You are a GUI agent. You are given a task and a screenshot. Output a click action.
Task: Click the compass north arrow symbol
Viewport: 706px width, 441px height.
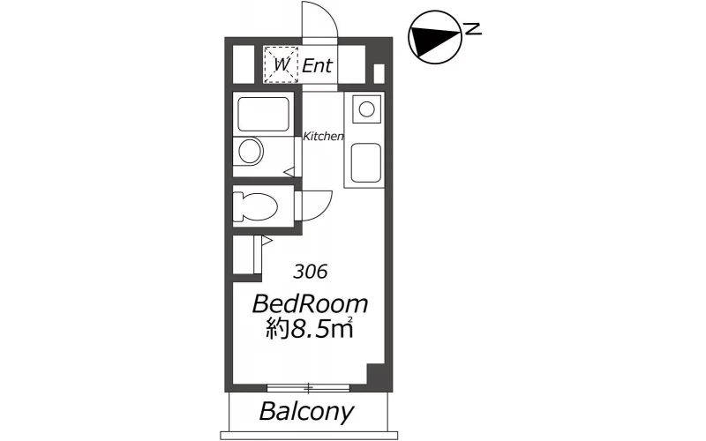[x=435, y=37]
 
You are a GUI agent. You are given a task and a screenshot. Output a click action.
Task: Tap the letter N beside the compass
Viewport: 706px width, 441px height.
[x=473, y=29]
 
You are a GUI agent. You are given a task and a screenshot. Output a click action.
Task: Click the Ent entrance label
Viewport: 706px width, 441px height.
[x=317, y=65]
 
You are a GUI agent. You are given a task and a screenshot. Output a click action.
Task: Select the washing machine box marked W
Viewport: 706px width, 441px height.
[x=281, y=64]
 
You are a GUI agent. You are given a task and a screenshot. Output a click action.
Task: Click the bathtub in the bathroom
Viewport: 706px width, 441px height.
[x=263, y=115]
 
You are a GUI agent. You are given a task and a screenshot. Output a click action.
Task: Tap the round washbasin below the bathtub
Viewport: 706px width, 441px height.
[x=251, y=151]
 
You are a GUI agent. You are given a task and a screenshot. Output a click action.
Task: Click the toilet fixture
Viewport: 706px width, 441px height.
[x=255, y=207]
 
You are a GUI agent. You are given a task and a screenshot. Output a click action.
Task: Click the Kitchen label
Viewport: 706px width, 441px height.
[x=323, y=136]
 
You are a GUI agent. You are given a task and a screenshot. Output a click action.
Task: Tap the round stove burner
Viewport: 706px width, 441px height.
[x=367, y=108]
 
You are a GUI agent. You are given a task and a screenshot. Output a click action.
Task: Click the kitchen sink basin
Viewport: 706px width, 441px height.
[x=366, y=162]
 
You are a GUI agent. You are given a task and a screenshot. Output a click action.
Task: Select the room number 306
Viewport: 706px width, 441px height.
[x=311, y=272]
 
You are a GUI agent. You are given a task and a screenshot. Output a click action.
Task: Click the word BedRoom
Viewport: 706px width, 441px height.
[x=311, y=304]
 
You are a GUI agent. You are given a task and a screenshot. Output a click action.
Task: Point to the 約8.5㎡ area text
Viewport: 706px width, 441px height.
[x=309, y=329]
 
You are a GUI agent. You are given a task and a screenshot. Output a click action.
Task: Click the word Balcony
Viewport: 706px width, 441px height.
[x=306, y=412]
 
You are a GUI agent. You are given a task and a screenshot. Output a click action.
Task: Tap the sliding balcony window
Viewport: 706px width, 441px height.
[x=308, y=387]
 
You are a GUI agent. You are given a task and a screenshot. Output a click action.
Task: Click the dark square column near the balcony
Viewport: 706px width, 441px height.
[x=376, y=373]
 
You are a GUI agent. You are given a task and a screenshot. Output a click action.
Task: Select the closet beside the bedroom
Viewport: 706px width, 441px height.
[x=247, y=255]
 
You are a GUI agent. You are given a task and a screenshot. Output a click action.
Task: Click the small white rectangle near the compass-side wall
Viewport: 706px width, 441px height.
[x=379, y=74]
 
